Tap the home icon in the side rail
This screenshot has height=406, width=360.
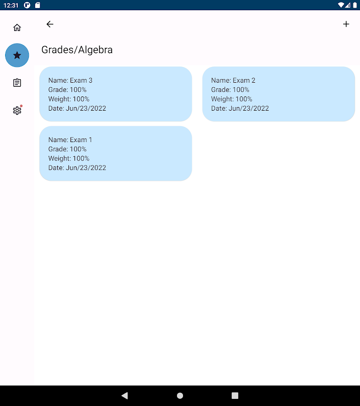(17, 27)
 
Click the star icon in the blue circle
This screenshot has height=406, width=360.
(17, 55)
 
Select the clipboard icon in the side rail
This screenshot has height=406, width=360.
(17, 83)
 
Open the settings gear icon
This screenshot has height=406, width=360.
(17, 111)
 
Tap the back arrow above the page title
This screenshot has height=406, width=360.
(50, 24)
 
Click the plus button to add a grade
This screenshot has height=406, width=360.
(346, 24)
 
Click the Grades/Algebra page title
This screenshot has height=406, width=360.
(77, 50)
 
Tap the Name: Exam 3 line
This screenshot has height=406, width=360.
(70, 80)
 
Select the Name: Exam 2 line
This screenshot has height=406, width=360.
(233, 80)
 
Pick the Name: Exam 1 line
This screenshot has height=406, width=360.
(70, 140)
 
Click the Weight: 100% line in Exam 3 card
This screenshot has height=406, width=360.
(69, 99)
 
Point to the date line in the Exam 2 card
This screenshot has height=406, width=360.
(240, 108)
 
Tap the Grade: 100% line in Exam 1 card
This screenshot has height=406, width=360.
(67, 149)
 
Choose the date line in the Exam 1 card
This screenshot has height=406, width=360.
(77, 168)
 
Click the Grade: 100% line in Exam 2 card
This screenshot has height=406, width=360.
(230, 90)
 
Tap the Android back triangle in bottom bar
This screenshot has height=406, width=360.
(125, 395)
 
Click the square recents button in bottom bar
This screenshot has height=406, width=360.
(235, 395)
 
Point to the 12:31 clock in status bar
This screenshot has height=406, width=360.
(11, 5)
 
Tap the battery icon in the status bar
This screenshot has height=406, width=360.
(355, 5)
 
